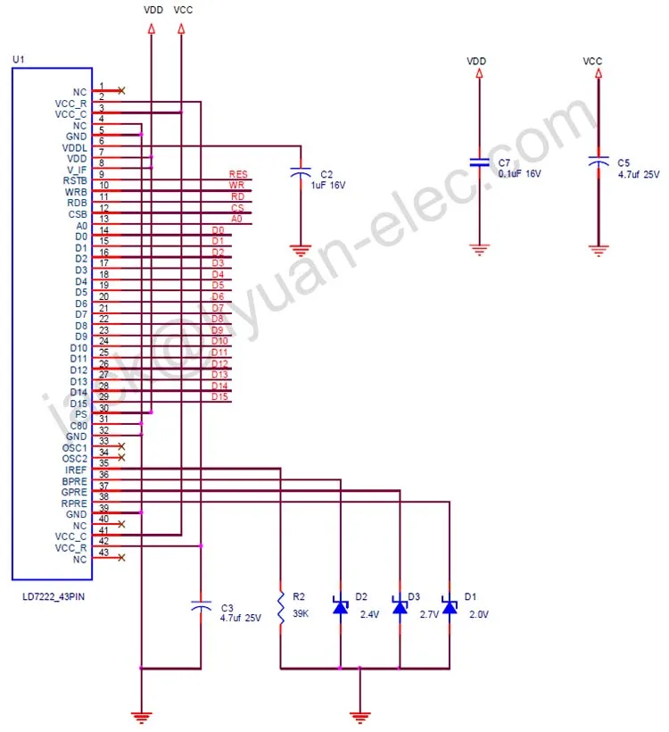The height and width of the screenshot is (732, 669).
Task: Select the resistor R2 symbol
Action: [x=281, y=606]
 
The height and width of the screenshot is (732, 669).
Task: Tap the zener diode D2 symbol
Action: [x=341, y=606]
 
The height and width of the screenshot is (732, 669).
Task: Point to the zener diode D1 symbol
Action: [x=450, y=606]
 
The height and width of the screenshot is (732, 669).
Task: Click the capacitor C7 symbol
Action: [x=480, y=162]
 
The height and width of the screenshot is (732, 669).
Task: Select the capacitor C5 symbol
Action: [x=598, y=162]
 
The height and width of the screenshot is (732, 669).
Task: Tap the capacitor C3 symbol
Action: [x=202, y=606]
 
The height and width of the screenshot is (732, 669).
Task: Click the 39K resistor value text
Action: [x=301, y=615]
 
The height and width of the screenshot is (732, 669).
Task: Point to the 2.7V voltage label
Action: [x=430, y=615]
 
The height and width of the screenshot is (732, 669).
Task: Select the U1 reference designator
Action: [x=18, y=60]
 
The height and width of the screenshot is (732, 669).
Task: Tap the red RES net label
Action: [x=237, y=174]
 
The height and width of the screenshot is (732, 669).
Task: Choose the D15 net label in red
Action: [x=219, y=396]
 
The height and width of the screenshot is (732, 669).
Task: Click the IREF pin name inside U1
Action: [x=75, y=470]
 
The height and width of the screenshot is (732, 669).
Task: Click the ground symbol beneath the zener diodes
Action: [x=359, y=714]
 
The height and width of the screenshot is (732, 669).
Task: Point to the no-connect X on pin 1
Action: [x=121, y=90]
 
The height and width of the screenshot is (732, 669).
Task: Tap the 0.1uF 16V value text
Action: [x=520, y=174]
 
